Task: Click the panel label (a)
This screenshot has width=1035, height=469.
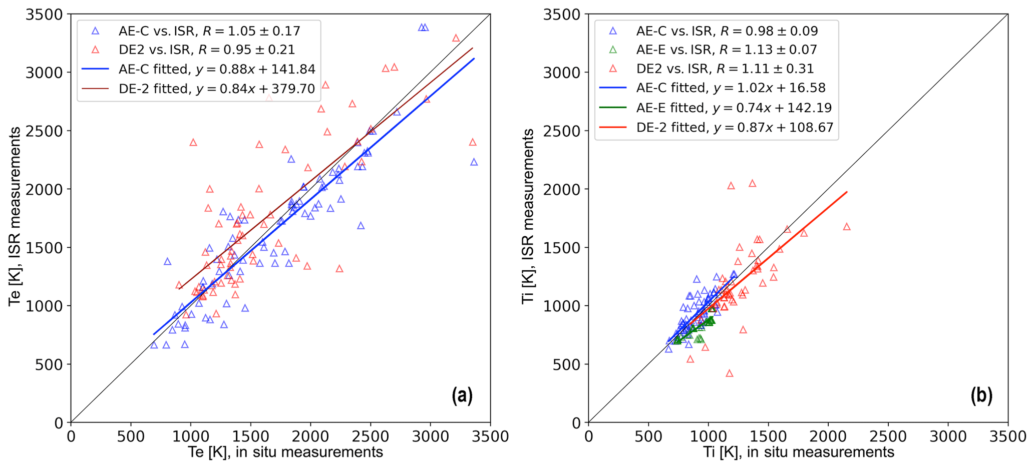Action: tap(462, 395)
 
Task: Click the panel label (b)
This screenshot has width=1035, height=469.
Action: tap(981, 395)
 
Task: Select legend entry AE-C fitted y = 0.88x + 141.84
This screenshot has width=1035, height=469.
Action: tap(217, 69)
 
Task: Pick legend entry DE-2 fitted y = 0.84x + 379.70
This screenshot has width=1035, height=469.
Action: tap(217, 89)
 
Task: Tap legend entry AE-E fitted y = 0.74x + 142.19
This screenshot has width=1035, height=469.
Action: tap(734, 108)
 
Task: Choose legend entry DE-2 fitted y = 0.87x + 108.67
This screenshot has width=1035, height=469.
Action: tap(735, 127)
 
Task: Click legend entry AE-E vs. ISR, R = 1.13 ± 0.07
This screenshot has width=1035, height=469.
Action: tap(727, 50)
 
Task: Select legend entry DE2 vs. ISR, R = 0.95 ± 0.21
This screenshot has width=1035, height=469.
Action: tap(207, 50)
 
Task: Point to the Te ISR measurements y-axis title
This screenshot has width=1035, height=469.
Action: tap(16, 216)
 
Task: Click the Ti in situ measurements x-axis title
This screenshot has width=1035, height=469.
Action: tap(799, 452)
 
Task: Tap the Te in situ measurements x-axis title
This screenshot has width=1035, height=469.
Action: tap(285, 452)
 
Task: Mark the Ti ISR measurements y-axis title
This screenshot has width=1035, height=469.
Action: tap(528, 216)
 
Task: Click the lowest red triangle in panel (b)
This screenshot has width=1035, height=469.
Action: tap(730, 373)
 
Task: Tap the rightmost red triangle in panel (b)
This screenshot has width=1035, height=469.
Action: tap(847, 227)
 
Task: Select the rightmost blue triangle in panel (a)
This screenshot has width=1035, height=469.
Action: tap(474, 162)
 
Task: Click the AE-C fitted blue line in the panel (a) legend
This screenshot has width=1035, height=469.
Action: tap(95, 69)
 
